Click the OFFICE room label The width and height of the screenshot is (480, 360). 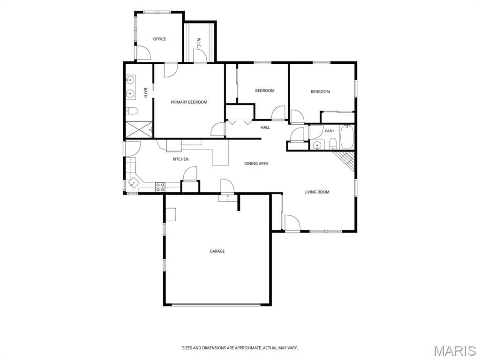(x=159, y=39)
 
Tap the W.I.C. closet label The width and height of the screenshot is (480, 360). (x=199, y=43)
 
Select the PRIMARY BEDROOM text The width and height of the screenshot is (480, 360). (x=189, y=102)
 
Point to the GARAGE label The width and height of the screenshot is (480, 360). (x=217, y=251)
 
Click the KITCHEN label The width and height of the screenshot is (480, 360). (x=180, y=159)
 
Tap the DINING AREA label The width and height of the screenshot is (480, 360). (x=256, y=164)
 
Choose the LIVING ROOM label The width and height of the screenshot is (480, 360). (x=317, y=192)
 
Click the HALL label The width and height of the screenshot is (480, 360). (x=265, y=127)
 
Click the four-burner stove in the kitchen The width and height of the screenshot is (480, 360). (x=160, y=187)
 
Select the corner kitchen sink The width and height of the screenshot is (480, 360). (x=134, y=183)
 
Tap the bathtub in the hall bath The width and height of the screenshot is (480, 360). (x=347, y=137)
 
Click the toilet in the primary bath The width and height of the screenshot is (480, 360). (x=132, y=111)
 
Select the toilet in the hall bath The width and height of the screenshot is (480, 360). (x=333, y=144)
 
